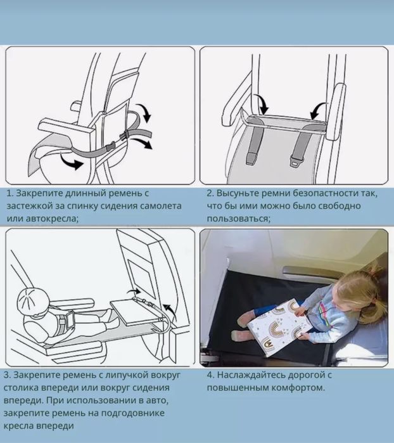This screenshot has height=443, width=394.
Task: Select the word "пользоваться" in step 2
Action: (x=238, y=219)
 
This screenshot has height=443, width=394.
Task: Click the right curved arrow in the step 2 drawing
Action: (x=319, y=110)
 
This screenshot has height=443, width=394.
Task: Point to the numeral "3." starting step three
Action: (x=8, y=375)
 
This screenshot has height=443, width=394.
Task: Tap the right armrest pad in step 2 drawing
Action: (x=336, y=112)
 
